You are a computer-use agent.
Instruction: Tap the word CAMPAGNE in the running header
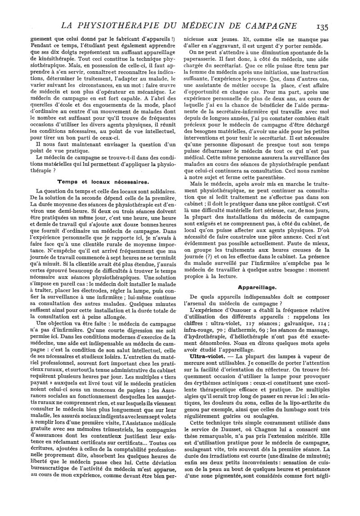point(271,24)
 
